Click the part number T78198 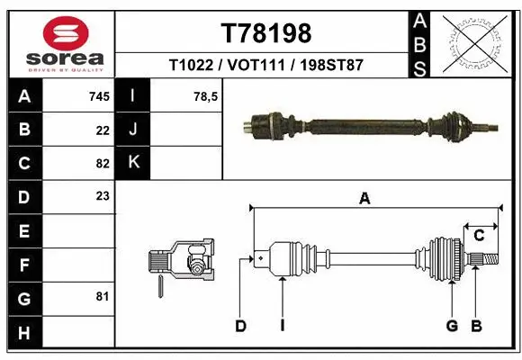(265, 33)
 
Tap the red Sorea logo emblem (66, 35)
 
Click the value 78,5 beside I (206, 95)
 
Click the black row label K (134, 163)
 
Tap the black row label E (23, 231)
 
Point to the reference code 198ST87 (331, 67)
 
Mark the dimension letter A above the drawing (364, 199)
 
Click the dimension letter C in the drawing (479, 236)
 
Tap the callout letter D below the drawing (240, 326)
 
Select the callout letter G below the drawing (452, 326)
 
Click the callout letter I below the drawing (282, 326)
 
